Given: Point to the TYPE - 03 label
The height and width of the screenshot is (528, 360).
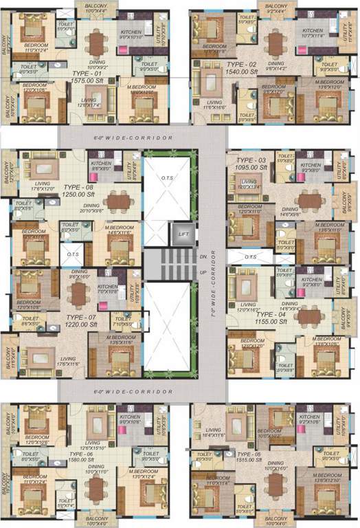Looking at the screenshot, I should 251,159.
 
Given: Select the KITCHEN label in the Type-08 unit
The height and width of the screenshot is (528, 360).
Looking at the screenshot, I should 100,163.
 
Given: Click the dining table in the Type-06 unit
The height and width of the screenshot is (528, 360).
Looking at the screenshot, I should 97,489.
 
